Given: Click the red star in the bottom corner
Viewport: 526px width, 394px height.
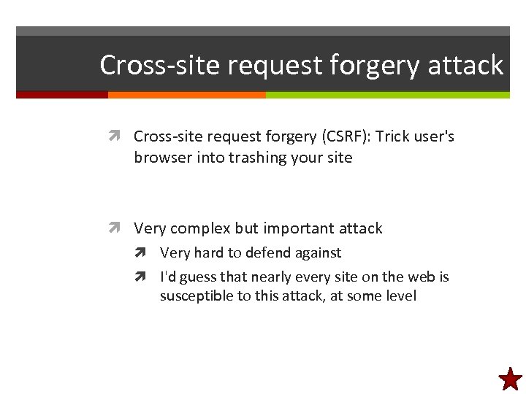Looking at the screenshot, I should (510, 378).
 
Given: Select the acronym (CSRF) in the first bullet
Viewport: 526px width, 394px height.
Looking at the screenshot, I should (345, 136).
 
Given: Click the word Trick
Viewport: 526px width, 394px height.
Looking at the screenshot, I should (393, 136).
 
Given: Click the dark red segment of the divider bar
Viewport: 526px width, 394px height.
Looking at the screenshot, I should (62, 95).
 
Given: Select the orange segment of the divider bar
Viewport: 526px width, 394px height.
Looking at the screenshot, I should (186, 95).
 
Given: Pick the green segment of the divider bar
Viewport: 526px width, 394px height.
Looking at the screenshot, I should (387, 95).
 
